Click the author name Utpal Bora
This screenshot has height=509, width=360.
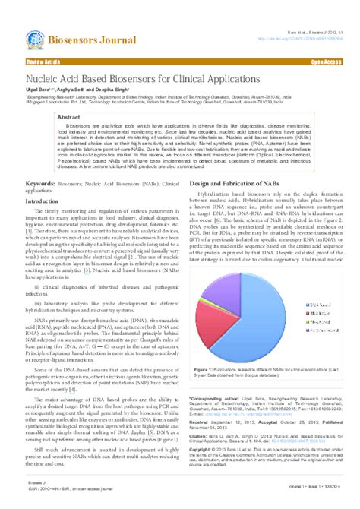click(39, 90)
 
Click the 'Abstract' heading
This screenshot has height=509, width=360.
click(70, 119)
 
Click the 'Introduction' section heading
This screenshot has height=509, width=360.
click(47, 201)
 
